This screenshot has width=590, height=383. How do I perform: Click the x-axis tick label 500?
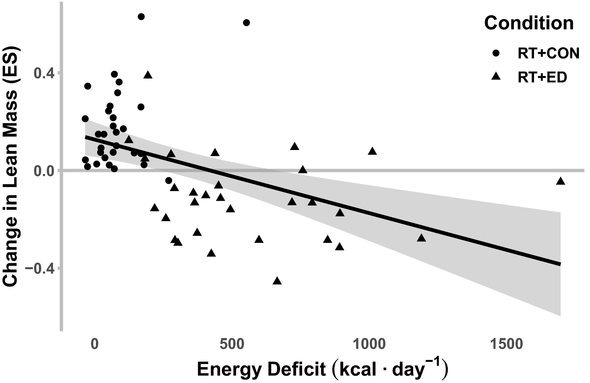[231, 344]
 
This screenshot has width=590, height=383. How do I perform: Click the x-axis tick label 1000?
[369, 344]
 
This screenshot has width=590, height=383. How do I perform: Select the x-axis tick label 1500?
[506, 344]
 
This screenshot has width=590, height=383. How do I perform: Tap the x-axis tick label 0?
[94, 344]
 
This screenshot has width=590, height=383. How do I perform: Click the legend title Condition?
[529, 23]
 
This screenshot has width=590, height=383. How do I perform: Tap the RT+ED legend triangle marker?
[496, 77]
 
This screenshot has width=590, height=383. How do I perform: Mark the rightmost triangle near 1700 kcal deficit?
[561, 181]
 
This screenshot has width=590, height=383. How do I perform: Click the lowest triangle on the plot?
[277, 281]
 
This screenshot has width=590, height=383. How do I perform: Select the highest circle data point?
[141, 17]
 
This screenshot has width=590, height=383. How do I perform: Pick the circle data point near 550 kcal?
[246, 23]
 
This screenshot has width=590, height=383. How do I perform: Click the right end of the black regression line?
[560, 264]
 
